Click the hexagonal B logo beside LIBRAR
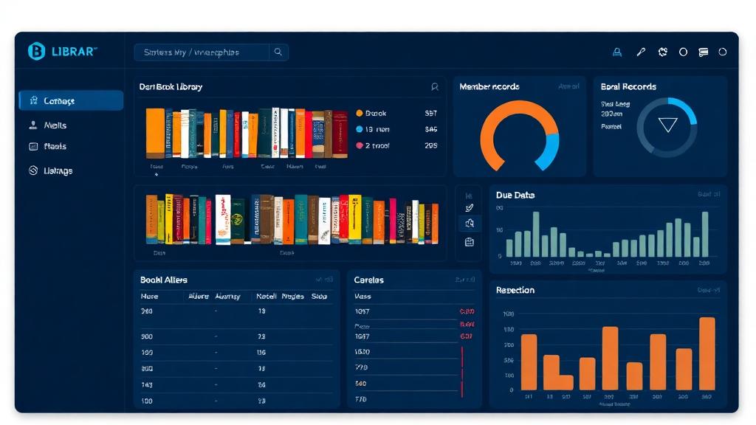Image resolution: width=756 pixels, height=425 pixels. (x=36, y=51)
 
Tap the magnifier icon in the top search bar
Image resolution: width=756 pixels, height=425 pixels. (x=278, y=52)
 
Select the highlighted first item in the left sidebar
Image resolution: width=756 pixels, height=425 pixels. (x=71, y=100)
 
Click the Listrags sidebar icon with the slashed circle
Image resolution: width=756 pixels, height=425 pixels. (x=33, y=170)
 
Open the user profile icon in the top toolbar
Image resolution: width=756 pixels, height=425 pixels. (x=617, y=52)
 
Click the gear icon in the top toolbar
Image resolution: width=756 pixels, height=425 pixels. (x=663, y=52)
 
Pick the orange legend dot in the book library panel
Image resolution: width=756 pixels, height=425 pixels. (x=360, y=114)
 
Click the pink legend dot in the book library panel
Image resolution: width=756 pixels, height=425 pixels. (x=360, y=146)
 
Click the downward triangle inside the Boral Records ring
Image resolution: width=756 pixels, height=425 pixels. (x=667, y=125)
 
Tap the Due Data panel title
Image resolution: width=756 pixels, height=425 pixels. (x=515, y=196)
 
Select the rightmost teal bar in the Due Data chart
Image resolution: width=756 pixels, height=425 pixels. (x=705, y=234)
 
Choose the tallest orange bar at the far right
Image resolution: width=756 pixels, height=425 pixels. (x=707, y=353)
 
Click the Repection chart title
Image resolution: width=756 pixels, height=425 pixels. (x=515, y=290)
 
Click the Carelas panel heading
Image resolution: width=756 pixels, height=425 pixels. (x=369, y=280)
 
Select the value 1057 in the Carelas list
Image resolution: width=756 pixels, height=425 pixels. (x=362, y=311)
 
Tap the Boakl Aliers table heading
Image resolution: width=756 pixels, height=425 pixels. (x=164, y=280)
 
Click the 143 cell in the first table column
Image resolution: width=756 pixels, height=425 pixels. (x=147, y=384)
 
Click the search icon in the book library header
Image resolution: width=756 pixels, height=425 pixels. (x=435, y=87)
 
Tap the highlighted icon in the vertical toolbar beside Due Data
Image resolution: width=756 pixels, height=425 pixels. (x=470, y=224)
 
